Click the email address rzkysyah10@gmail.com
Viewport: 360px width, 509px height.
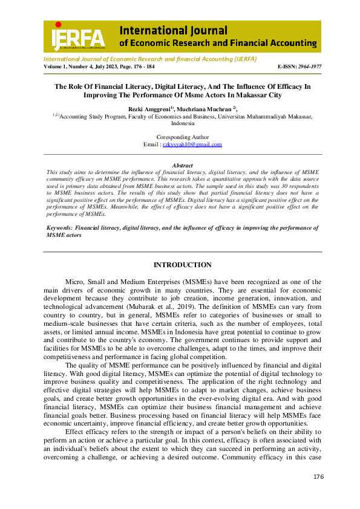pos(192,144)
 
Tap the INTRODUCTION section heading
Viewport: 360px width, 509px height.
pos(182,265)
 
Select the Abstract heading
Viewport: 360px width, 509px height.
pos(182,165)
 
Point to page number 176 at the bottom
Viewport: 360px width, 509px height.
pos(319,477)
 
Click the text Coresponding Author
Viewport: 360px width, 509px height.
pos(183,137)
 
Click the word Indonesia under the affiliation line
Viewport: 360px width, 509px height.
pos(182,123)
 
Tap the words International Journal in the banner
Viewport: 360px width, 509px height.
pos(173,30)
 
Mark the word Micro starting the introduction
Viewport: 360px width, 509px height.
pos(73,282)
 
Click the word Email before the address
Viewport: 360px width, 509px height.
pos(151,144)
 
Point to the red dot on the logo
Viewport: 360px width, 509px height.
pos(58,24)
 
